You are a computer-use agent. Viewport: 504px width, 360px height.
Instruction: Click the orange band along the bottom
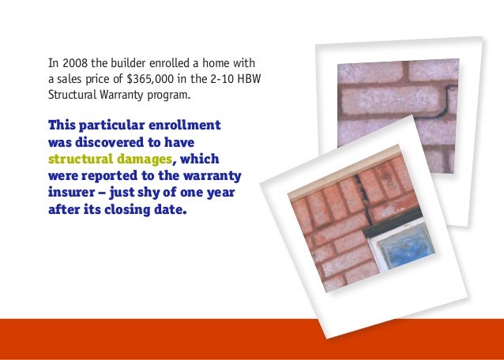[x=158, y=339]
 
